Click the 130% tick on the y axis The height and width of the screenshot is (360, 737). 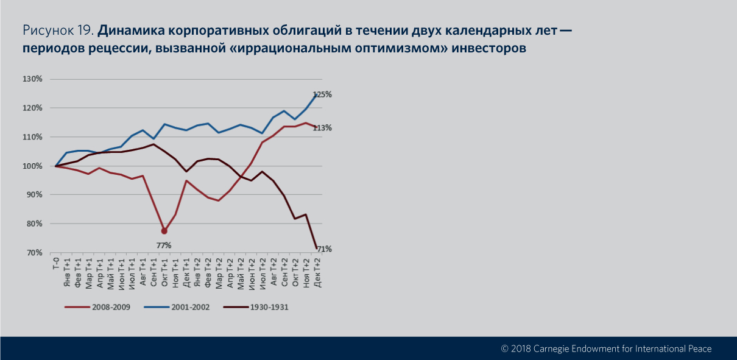[x=32, y=79]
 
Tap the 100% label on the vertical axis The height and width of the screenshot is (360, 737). [x=32, y=166]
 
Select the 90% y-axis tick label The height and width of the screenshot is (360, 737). [x=34, y=195]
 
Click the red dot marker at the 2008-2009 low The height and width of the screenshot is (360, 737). [x=164, y=231]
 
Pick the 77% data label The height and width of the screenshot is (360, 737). [x=164, y=245]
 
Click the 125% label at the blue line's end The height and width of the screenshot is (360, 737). [x=322, y=94]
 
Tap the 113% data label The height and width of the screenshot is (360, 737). [x=322, y=128]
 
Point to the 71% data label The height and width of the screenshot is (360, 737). [x=323, y=249]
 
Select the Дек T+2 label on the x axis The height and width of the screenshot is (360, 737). [x=317, y=272]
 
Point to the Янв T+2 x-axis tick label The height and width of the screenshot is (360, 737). [x=197, y=272]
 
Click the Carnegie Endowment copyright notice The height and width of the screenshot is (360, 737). [x=605, y=349]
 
